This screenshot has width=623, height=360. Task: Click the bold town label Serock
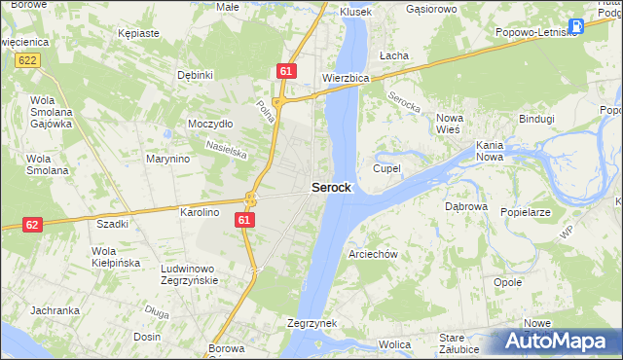click(x=331, y=188)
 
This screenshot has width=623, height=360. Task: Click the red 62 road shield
click(x=32, y=224)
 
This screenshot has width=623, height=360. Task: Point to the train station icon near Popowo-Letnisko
click(x=576, y=26)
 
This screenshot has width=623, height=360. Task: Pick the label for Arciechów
click(x=373, y=254)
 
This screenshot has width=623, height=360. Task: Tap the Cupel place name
click(x=386, y=168)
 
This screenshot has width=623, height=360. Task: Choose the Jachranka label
click(x=55, y=310)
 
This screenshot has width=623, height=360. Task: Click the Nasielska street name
click(x=226, y=148)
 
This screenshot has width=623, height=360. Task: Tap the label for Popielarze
click(x=526, y=211)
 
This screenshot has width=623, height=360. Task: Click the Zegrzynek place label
click(x=311, y=322)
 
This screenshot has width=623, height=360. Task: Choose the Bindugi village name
click(x=536, y=119)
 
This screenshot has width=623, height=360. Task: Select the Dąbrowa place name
click(x=465, y=206)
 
